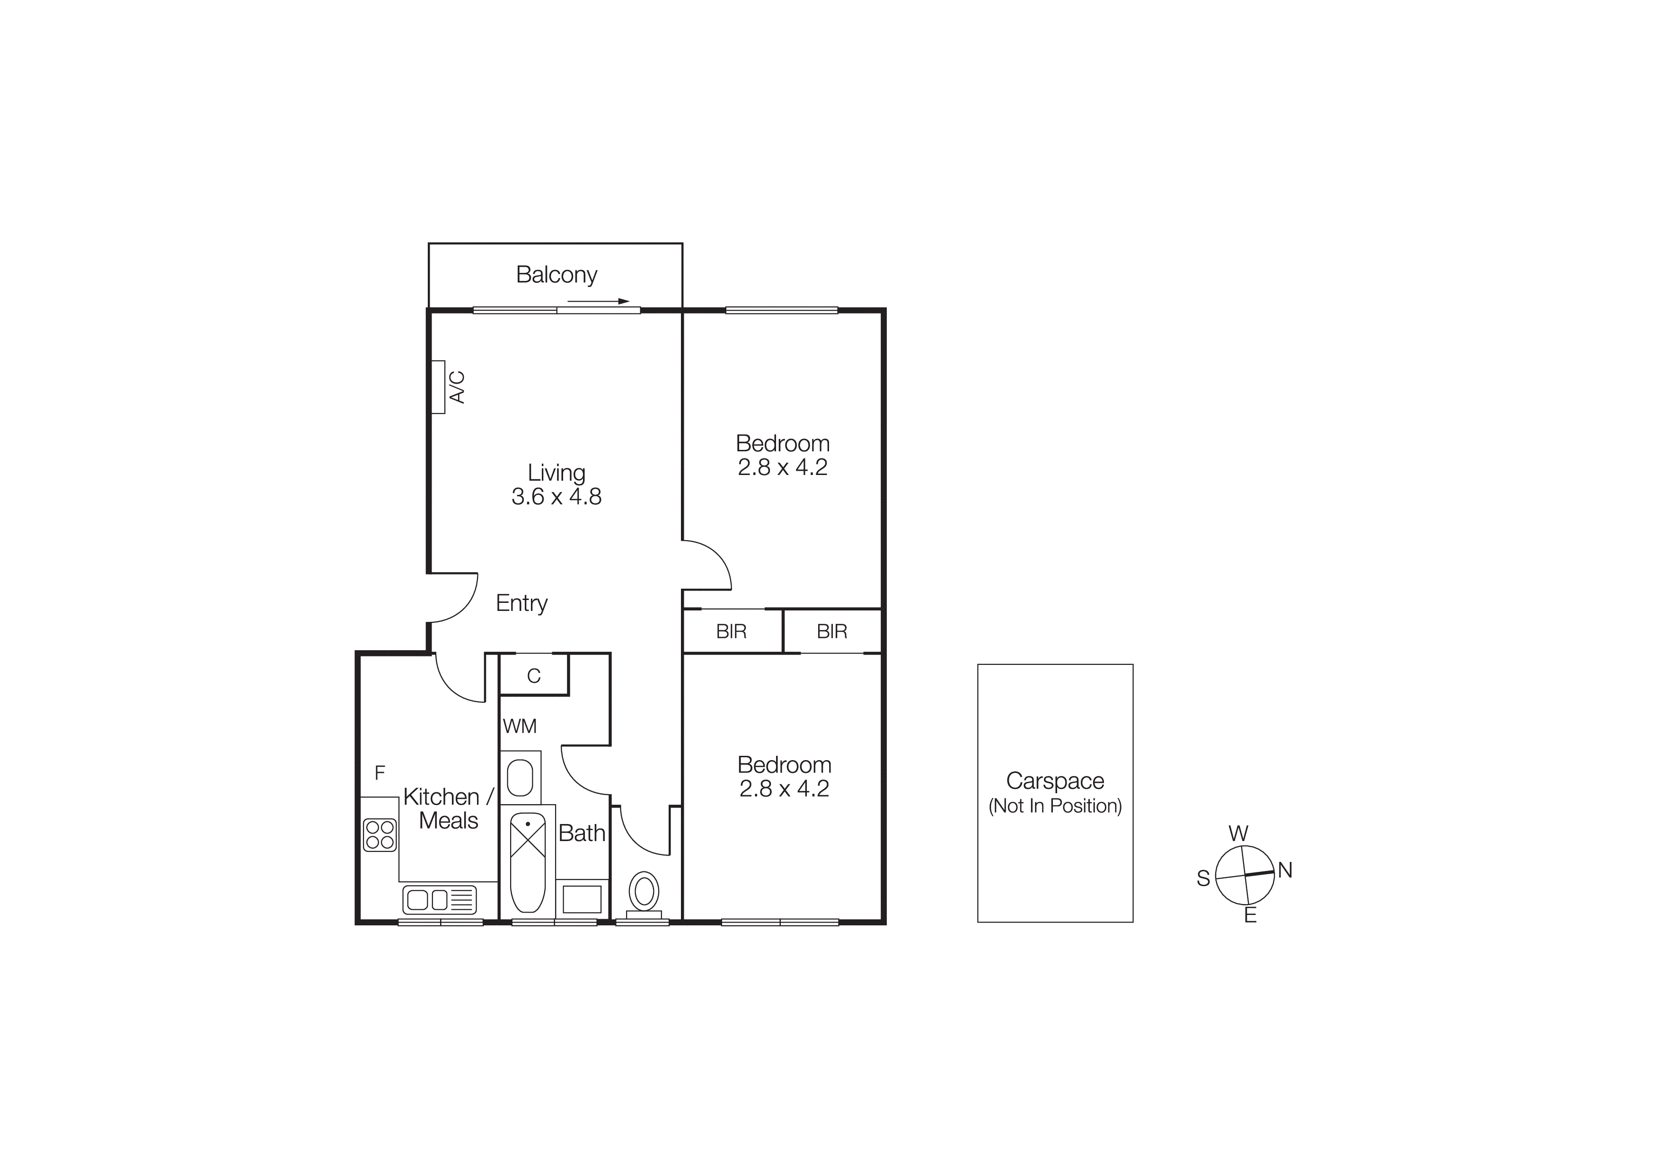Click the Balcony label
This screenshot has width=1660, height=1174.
556,275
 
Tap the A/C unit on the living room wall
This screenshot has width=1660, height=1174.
438,387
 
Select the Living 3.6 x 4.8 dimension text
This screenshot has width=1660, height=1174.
556,496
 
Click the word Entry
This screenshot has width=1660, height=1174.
521,603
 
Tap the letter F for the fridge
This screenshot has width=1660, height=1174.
380,773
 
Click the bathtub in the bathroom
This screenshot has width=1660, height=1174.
528,861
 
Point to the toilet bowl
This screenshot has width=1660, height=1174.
644,891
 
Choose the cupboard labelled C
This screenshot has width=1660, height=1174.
534,676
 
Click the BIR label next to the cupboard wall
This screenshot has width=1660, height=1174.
731,631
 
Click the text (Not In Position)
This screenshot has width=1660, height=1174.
1055,806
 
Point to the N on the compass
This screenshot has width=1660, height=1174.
1285,870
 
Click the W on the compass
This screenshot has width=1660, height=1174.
1238,833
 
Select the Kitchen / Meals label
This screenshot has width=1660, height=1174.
448,809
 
